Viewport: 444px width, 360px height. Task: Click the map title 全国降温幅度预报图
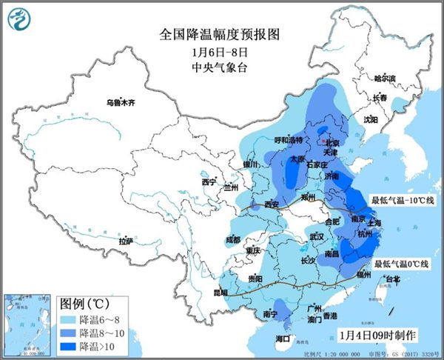(221, 35)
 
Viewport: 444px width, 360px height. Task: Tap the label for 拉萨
(125, 241)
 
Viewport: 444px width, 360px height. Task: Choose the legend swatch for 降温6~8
(68, 319)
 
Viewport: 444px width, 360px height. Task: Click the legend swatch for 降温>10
(68, 346)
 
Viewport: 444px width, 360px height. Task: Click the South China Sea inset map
(27, 322)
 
